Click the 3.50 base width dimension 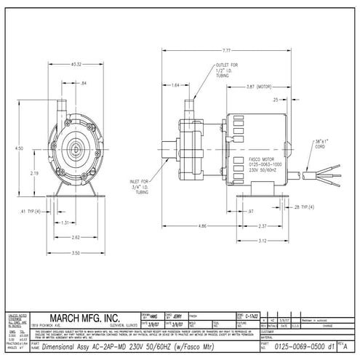pyautogui.click(x=76, y=252)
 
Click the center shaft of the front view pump pyautogui.click(x=76, y=145)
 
